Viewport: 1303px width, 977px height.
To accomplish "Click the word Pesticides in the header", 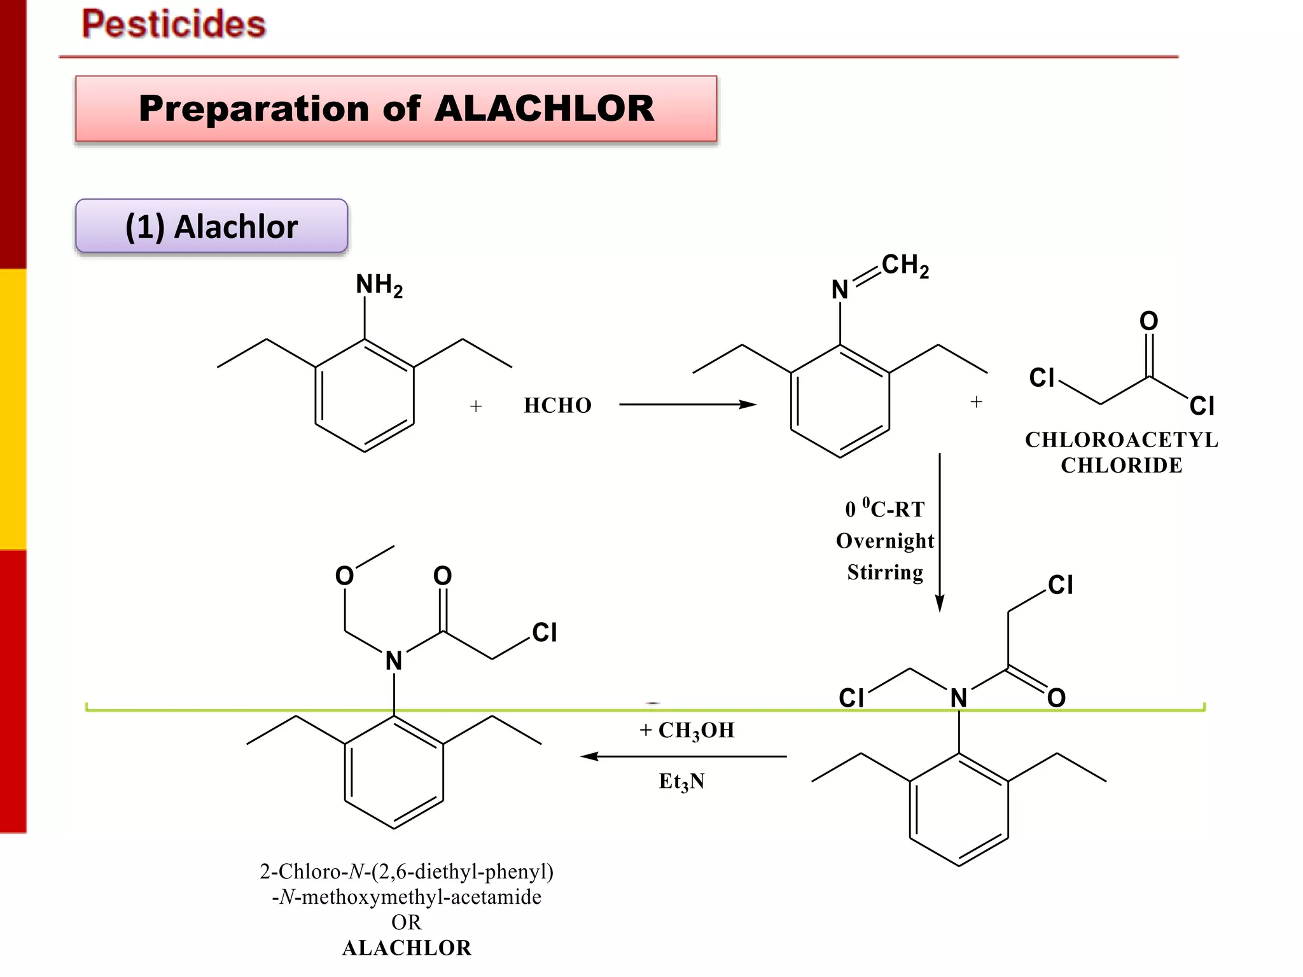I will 174,24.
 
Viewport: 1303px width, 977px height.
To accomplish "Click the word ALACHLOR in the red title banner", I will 544,108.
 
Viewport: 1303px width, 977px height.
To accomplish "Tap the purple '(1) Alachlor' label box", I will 211,226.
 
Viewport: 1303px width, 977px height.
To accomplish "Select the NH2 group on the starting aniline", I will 379,285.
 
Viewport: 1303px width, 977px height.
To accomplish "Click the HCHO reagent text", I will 557,405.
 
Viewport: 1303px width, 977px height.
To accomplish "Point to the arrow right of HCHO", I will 687,404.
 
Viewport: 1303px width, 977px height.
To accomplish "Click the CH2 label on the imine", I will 905,265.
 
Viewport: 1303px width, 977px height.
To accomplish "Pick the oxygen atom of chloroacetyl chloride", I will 1148,321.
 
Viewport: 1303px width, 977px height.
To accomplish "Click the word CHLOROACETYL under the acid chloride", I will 1121,440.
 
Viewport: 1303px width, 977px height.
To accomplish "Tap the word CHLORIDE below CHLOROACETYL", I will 1121,465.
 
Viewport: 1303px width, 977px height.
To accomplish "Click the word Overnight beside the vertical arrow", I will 884,541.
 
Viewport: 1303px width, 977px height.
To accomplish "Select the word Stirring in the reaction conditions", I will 884,572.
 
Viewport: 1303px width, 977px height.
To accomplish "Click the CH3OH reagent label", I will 696,730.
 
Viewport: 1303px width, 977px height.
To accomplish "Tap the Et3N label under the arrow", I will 681,781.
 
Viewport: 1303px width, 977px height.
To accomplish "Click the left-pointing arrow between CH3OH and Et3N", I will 684,756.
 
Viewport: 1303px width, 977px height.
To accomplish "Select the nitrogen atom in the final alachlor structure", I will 394,661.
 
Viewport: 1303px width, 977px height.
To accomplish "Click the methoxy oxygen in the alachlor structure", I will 344,576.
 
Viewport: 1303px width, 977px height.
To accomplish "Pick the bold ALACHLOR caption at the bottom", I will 407,948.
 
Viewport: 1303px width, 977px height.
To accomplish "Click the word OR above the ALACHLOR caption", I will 406,922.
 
